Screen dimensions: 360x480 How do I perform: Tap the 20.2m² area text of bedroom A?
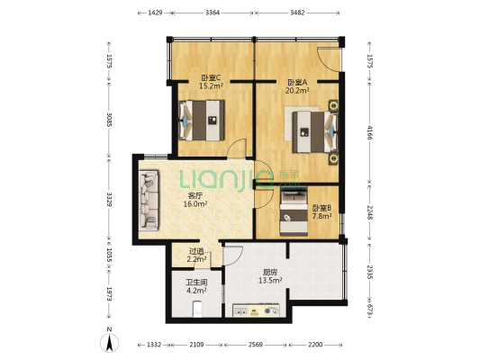tap(297, 90)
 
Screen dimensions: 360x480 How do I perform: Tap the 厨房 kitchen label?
tap(270, 272)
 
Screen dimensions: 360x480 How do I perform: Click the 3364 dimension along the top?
tap(213, 13)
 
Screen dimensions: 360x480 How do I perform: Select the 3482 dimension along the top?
tap(299, 13)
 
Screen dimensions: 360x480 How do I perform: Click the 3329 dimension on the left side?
tap(109, 201)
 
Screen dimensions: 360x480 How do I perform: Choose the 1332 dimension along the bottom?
tap(154, 345)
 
